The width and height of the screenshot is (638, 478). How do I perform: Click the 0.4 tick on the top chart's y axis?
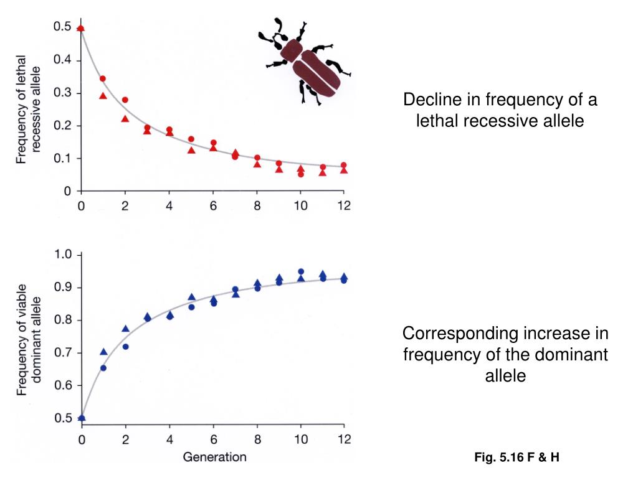(62, 60)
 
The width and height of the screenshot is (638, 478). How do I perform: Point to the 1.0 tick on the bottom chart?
(65, 255)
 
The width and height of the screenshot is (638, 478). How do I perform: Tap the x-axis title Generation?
(214, 457)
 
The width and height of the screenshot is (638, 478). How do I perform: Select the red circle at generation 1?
(103, 79)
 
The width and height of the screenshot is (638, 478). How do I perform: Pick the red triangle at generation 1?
(103, 96)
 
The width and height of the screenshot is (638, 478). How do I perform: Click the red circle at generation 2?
(125, 100)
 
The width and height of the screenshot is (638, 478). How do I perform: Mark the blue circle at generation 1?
(103, 368)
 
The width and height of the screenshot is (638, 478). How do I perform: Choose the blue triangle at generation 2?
(125, 329)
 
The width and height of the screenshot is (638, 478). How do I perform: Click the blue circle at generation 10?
(301, 271)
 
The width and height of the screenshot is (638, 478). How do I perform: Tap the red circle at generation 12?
(344, 165)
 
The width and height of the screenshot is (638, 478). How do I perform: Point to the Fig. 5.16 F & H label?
(517, 458)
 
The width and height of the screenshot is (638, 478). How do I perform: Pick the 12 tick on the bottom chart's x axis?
(344, 439)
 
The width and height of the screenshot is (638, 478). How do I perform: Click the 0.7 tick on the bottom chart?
(65, 353)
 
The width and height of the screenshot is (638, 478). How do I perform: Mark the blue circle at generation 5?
(191, 307)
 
